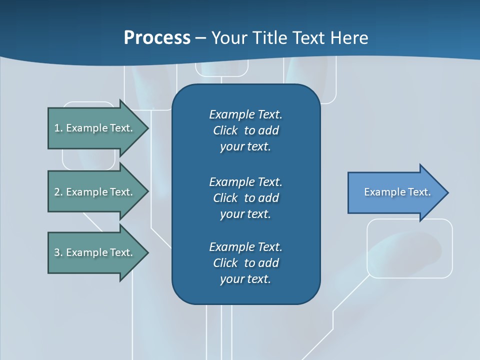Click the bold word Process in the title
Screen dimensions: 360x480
tap(157, 38)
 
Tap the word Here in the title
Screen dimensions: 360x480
tap(349, 38)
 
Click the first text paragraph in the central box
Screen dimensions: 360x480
tap(245, 130)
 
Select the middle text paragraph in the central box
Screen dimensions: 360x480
tap(245, 198)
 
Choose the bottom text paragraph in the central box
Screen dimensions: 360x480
tap(245, 263)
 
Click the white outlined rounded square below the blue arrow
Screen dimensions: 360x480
tap(409, 248)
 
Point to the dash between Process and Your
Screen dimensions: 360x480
tap(200, 38)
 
